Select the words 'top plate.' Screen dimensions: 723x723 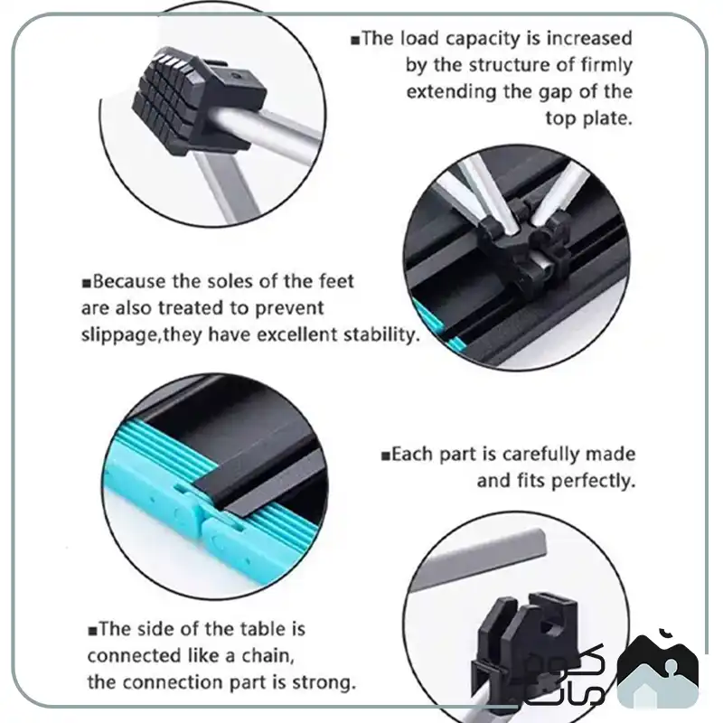[x=588, y=119]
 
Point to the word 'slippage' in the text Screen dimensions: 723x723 [x=120, y=335]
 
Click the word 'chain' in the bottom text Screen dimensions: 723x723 [x=268, y=656]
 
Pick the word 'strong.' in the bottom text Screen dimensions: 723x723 [x=324, y=682]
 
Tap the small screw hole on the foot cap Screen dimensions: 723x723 [x=237, y=75]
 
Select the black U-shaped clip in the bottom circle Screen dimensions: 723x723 [x=526, y=645]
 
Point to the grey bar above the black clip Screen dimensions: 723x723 [x=480, y=562]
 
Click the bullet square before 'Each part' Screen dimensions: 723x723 [x=386, y=456]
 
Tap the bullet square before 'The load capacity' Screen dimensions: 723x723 [x=355, y=40]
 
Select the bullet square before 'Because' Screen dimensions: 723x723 [x=86, y=283]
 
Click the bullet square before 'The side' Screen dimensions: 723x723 [x=93, y=631]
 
